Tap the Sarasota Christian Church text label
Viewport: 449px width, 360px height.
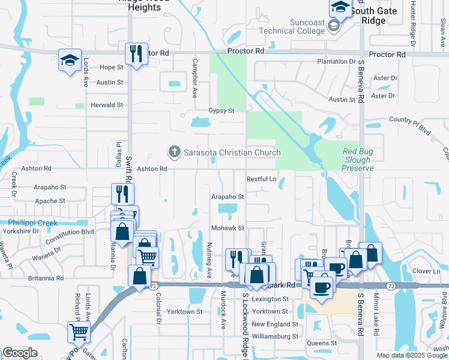232,152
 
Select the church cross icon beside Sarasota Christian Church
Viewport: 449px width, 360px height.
175,152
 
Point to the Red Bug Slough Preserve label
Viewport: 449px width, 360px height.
358,160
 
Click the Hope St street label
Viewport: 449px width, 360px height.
111,67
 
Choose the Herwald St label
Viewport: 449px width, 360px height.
106,105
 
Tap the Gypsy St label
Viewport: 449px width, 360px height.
221,111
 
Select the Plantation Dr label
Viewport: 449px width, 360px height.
336,62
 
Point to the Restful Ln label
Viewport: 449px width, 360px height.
262,179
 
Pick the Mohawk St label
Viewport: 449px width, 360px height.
228,229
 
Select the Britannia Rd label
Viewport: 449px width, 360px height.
46,278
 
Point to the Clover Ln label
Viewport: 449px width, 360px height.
427,271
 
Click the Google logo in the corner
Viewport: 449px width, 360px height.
20,353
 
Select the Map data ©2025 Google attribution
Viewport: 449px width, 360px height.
411,355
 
